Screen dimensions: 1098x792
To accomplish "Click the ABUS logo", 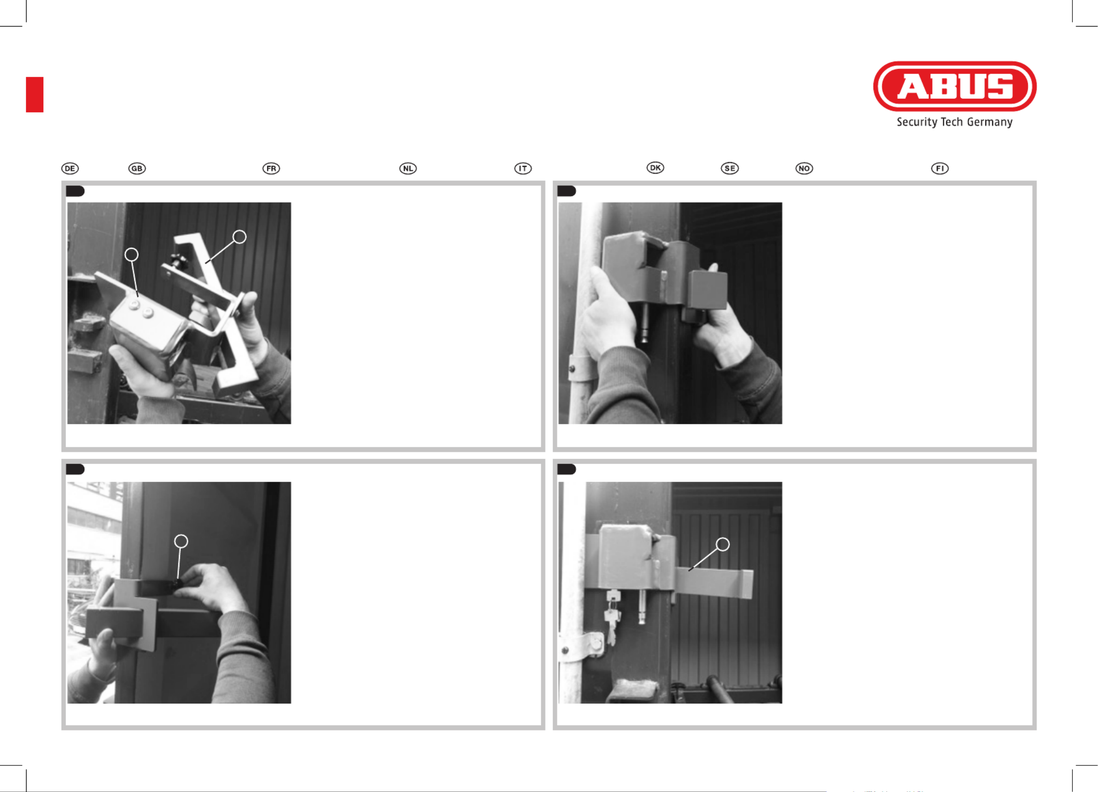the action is coord(955,86).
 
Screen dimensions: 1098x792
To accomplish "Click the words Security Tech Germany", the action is coord(954,122).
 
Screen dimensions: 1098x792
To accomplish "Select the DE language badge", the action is coord(70,169).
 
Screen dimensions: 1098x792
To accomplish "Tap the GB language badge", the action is coord(137,169).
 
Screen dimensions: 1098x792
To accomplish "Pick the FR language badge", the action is coord(271,169).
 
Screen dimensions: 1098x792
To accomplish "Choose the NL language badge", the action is coord(408,169).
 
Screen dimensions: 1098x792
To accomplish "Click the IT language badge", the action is coord(523,169).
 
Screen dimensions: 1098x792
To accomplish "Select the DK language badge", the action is coord(655,168).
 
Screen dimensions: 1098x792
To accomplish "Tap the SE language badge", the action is coord(730,169).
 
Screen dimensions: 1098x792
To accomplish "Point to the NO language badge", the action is coord(804,169).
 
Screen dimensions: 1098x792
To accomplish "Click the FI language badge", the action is coord(940,169).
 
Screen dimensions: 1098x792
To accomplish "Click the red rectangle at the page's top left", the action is coord(35,95).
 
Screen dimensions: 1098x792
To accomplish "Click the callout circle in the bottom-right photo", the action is coord(723,544).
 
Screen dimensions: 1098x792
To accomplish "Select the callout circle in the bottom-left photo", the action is coord(181,541).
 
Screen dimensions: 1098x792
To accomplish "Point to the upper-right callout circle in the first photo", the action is coord(239,237).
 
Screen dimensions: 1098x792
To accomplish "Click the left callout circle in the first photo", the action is coord(132,255).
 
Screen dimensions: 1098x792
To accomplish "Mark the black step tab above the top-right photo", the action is coord(566,191).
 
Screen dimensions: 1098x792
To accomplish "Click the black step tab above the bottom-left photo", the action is coord(75,469).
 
